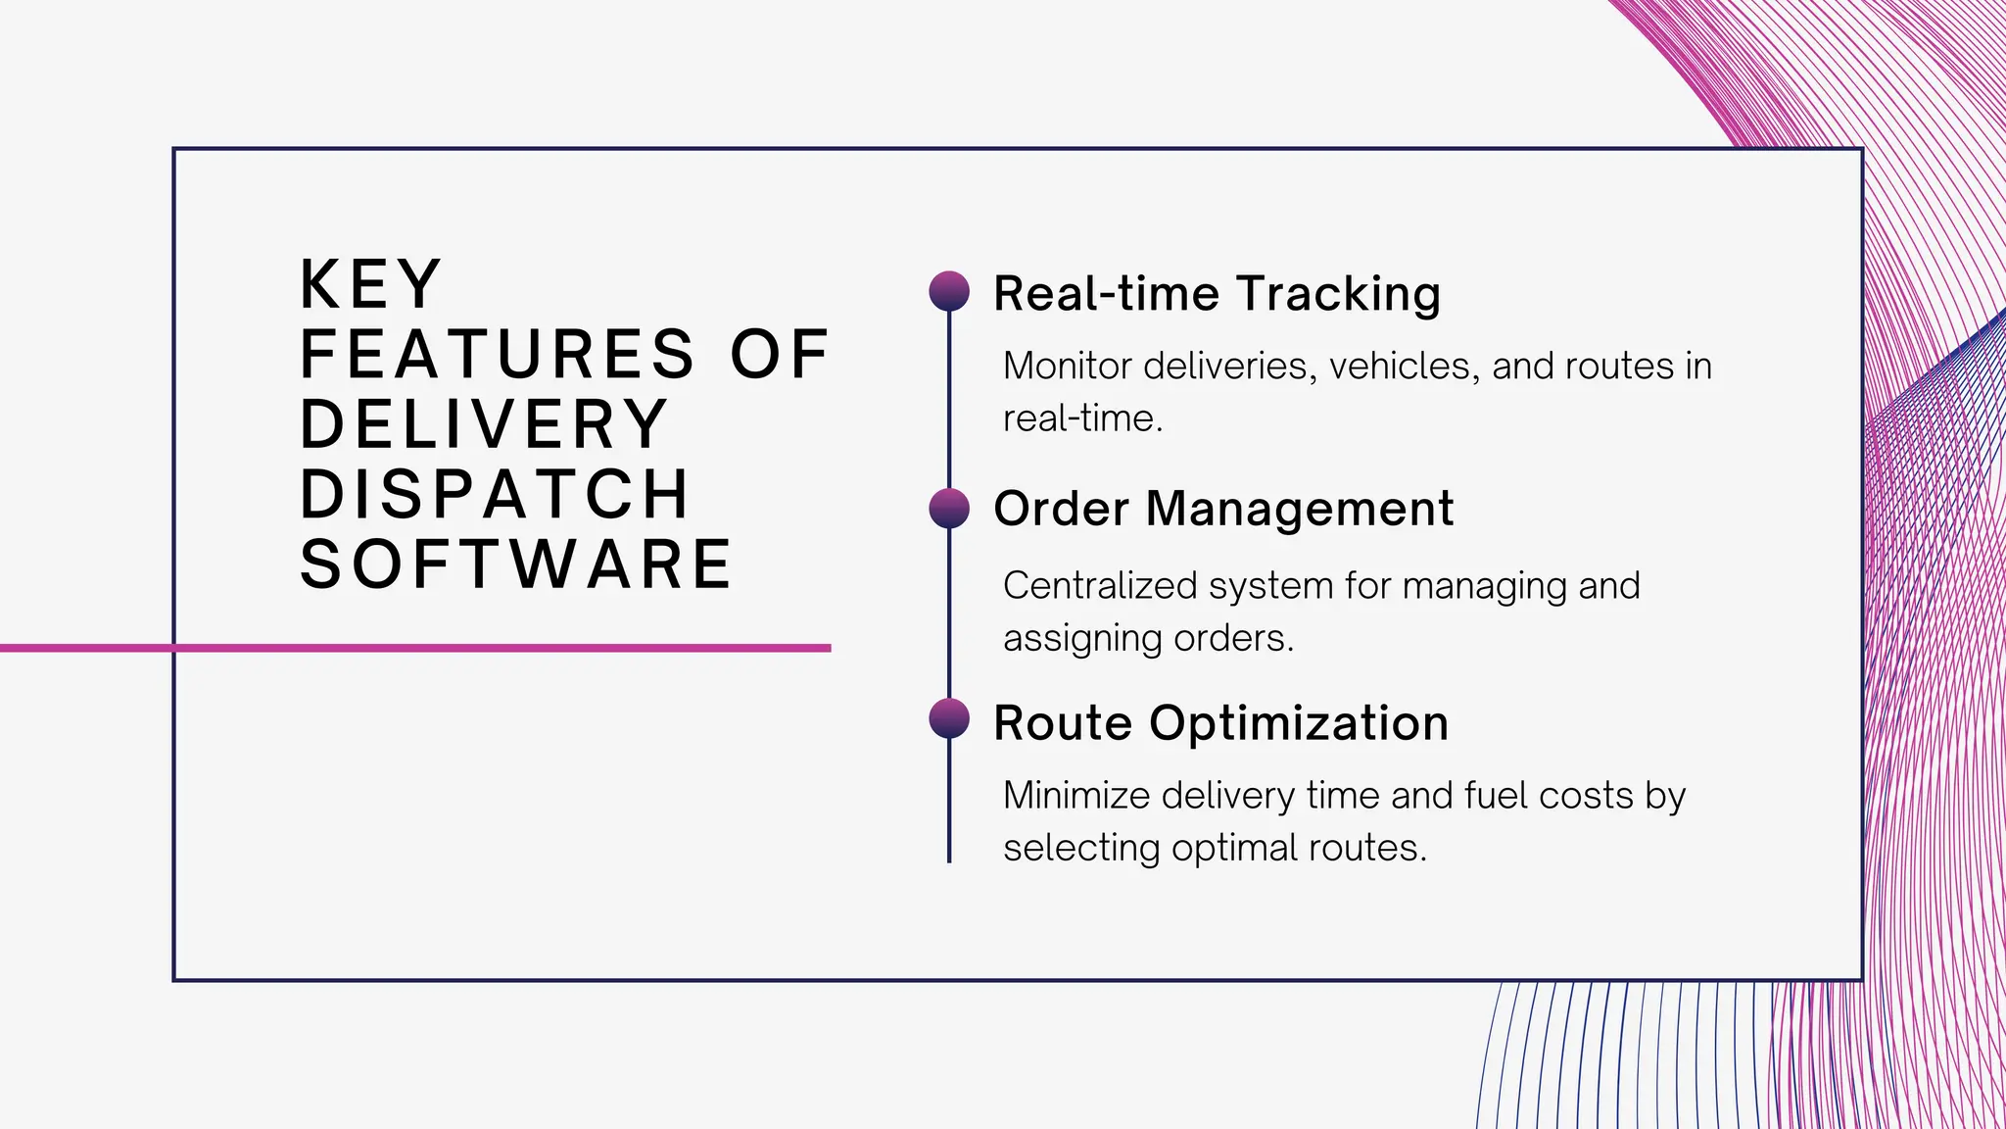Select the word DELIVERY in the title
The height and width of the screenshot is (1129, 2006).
[484, 424]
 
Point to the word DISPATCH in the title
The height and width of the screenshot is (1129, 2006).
[495, 494]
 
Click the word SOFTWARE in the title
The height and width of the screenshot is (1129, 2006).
[516, 564]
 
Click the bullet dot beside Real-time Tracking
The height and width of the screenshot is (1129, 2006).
[949, 291]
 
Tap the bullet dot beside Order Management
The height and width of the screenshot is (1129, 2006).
[949, 508]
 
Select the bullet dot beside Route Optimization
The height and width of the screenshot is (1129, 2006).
[949, 718]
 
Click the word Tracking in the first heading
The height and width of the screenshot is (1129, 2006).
[1338, 293]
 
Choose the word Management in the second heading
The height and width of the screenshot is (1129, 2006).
[1300, 509]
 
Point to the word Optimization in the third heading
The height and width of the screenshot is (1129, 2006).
[1299, 723]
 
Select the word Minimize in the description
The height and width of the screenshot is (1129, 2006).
[1076, 795]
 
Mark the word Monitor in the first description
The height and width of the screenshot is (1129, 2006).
[1068, 366]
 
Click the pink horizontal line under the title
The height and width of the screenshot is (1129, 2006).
[415, 648]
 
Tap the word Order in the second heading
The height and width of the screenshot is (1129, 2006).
[1062, 509]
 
